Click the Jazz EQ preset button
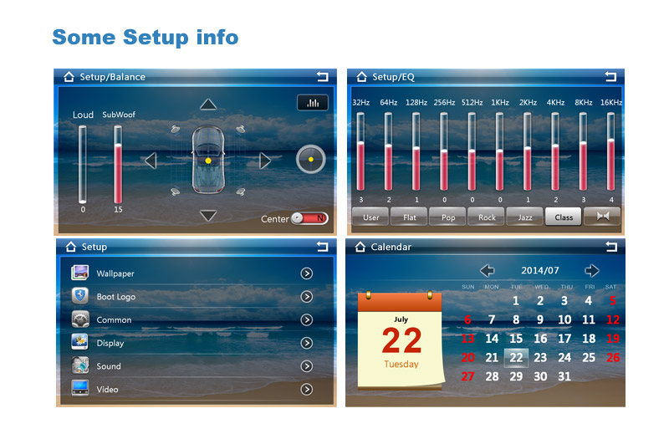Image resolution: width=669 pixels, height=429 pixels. (524, 217)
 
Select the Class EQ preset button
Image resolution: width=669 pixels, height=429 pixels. (563, 217)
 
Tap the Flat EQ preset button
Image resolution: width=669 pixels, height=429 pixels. (409, 217)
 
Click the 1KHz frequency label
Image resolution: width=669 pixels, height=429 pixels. (499, 103)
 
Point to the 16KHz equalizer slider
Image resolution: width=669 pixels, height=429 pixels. (610, 151)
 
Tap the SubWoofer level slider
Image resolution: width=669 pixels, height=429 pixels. (118, 165)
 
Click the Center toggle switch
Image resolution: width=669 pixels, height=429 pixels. (309, 218)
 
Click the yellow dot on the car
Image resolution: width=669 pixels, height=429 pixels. (208, 161)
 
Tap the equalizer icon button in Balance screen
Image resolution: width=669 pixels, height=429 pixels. (313, 103)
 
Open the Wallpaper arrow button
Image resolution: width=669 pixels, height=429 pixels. (306, 273)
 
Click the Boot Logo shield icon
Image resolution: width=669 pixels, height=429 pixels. (79, 295)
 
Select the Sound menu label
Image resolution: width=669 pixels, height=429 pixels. (109, 366)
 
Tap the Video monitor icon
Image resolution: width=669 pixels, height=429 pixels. (79, 388)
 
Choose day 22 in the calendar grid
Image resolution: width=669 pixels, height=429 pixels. (516, 358)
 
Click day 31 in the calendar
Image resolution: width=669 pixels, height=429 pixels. (564, 376)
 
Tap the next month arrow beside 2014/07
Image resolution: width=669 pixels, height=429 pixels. (592, 270)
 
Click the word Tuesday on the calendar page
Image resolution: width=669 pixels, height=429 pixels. (401, 364)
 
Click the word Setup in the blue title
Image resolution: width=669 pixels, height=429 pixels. (156, 38)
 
